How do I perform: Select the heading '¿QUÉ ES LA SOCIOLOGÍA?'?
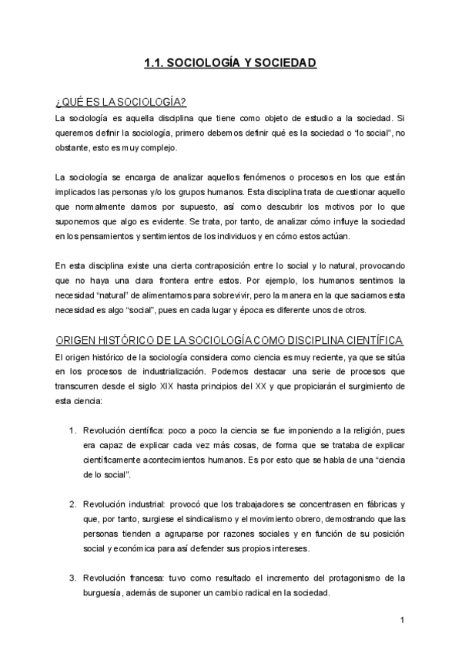tap(120, 103)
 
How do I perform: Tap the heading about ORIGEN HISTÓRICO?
tap(230, 341)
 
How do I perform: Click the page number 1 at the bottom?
tap(402, 619)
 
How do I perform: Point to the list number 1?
tap(72, 430)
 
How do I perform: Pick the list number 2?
tap(72, 504)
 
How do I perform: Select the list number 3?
tap(72, 577)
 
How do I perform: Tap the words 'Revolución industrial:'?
tap(122, 504)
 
